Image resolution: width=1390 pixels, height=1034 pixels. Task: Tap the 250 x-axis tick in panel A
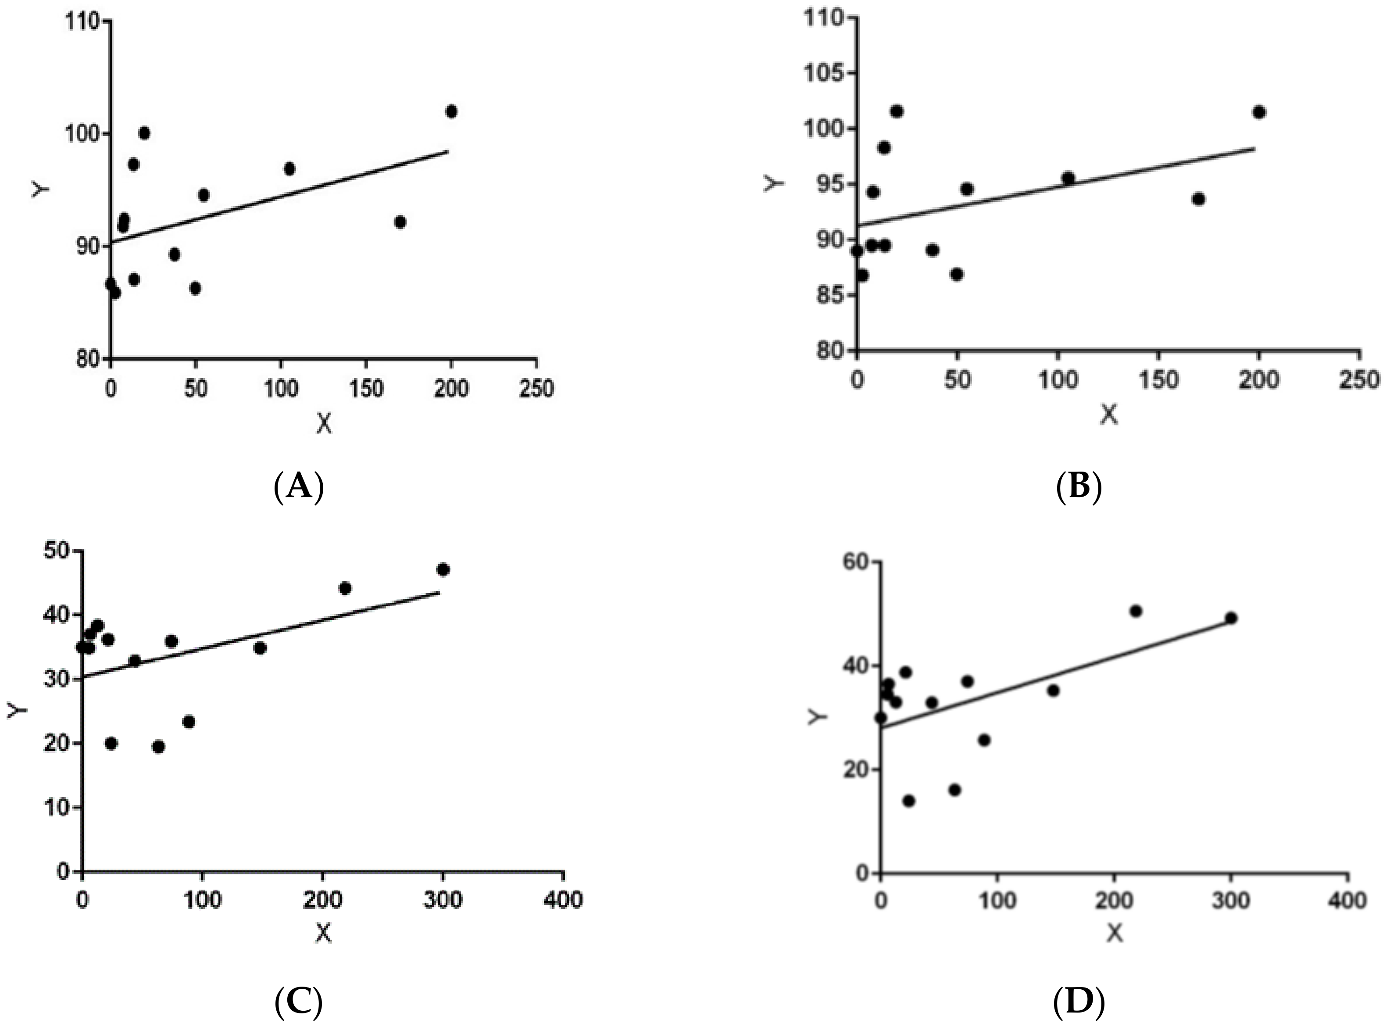[x=536, y=389]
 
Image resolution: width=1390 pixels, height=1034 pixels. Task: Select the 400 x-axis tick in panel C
[x=563, y=900]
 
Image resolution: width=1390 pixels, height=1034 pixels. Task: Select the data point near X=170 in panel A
[x=400, y=222]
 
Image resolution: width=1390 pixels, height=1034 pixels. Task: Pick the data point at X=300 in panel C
[x=443, y=569]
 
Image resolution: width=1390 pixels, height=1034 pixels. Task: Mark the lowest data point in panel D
[x=909, y=801]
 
